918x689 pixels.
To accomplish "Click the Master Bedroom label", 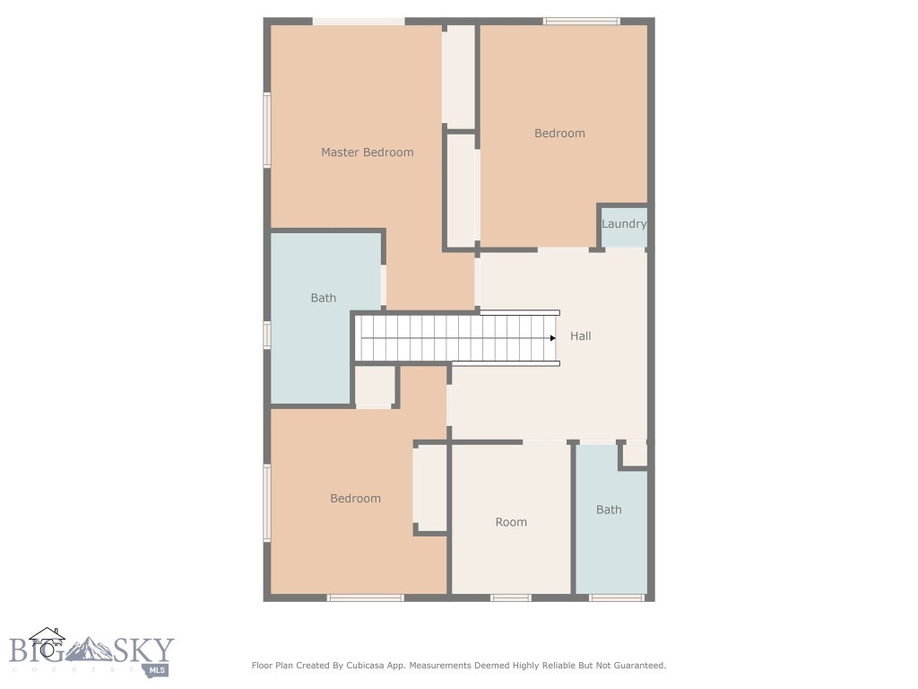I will [368, 153].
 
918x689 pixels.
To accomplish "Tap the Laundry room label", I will [624, 224].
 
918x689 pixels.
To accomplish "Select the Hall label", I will [581, 336].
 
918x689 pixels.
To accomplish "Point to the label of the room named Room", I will [511, 522].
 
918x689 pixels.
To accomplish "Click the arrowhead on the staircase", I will [553, 338].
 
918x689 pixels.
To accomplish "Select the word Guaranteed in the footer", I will [637, 666].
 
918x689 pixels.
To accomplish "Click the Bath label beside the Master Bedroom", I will [324, 298].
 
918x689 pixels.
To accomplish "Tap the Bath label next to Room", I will [609, 510].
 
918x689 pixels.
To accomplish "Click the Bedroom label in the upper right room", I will [559, 134].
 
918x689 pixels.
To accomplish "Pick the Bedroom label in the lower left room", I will [355, 499].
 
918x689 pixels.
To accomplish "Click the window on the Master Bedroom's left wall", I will [267, 130].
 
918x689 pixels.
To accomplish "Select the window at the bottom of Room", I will [511, 597].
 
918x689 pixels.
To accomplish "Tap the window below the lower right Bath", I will [617, 597].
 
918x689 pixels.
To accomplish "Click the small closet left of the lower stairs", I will [375, 386].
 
